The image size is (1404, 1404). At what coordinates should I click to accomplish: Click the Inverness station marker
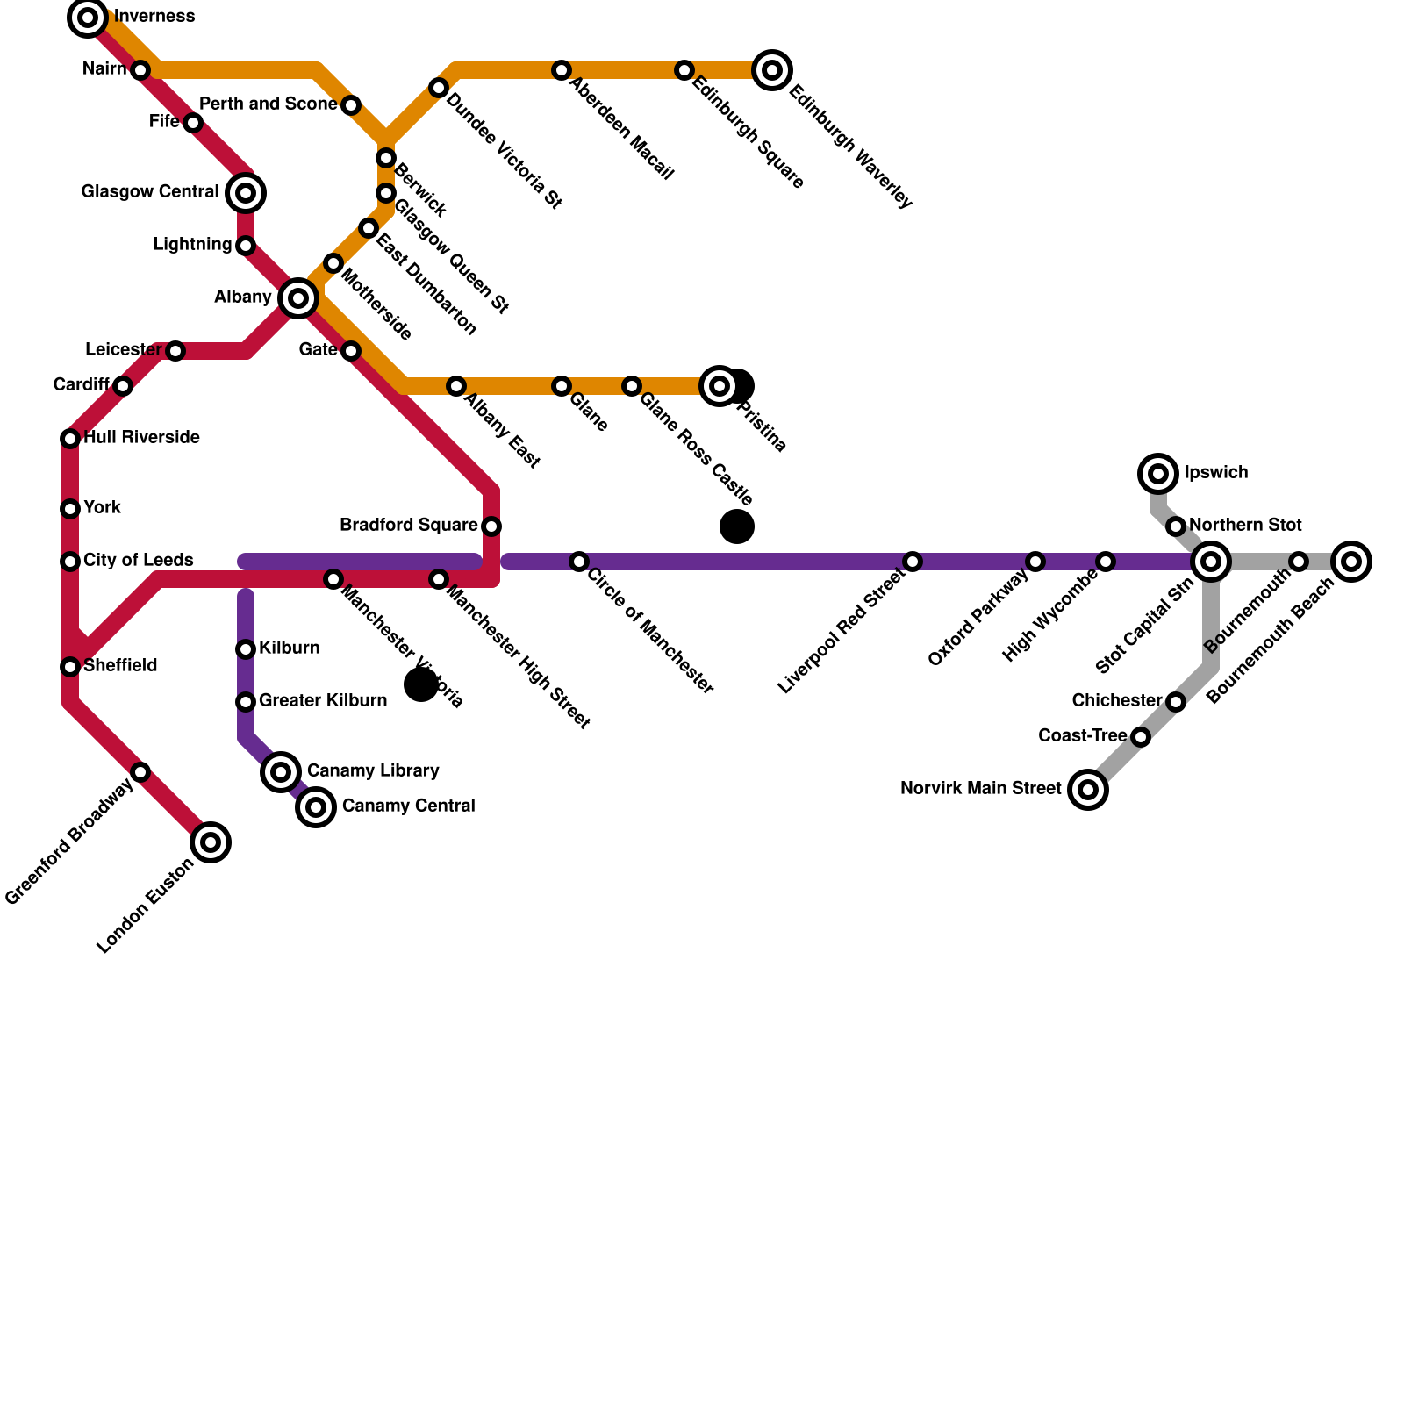point(88,18)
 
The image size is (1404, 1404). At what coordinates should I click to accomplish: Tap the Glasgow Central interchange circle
point(246,193)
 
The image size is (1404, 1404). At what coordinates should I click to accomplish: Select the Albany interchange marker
point(298,298)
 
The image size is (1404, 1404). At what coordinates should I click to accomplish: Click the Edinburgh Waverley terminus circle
point(772,70)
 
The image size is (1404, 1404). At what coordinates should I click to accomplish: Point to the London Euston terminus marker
point(211,842)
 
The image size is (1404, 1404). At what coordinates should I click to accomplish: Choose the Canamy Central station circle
point(316,806)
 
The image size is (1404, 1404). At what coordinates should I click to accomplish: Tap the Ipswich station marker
point(1158,474)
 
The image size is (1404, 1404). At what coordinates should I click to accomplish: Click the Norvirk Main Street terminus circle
point(1088,790)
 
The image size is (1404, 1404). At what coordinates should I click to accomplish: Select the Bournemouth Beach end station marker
point(1351,562)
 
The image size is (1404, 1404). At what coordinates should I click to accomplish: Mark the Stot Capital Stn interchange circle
point(1211,562)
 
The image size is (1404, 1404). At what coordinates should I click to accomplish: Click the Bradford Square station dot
point(491,526)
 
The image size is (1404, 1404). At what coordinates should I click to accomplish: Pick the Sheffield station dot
point(70,667)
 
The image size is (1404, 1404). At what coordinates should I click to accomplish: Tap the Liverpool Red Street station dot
point(913,562)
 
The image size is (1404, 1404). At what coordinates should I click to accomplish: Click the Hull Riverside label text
point(141,438)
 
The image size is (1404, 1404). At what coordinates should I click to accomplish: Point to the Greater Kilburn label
point(322,701)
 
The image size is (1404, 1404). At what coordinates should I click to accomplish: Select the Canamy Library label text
point(372,771)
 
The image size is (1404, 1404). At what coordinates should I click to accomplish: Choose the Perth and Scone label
point(268,104)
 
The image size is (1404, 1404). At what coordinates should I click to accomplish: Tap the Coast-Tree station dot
point(1141,737)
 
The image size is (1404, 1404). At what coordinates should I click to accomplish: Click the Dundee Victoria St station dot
point(439,88)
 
